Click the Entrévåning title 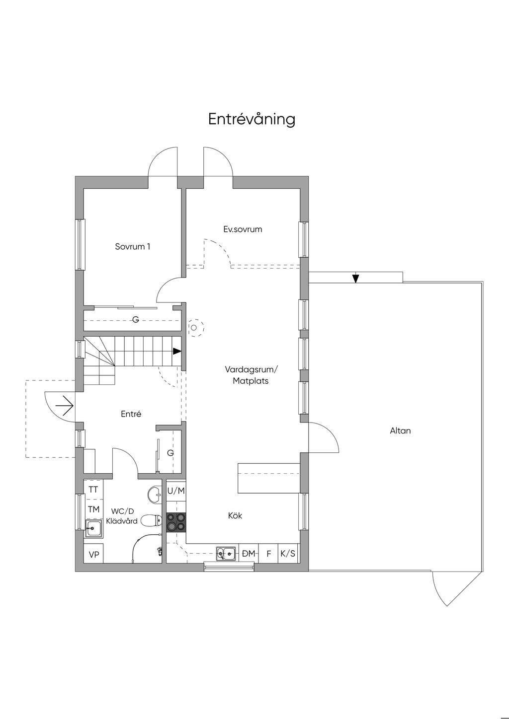click(252, 119)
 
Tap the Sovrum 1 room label click(132, 246)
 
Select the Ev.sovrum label click(243, 229)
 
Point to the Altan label click(400, 431)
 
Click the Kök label click(235, 515)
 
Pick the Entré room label click(131, 414)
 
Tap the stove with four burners click(176, 522)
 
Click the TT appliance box click(93, 490)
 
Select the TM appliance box click(93, 509)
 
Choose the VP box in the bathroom click(93, 554)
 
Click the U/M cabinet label click(176, 491)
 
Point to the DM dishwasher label click(249, 553)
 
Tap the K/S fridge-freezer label click(288, 553)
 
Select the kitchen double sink click(226, 553)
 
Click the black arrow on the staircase click(177, 351)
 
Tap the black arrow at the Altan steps click(355, 278)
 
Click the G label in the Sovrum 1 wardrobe click(136, 320)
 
